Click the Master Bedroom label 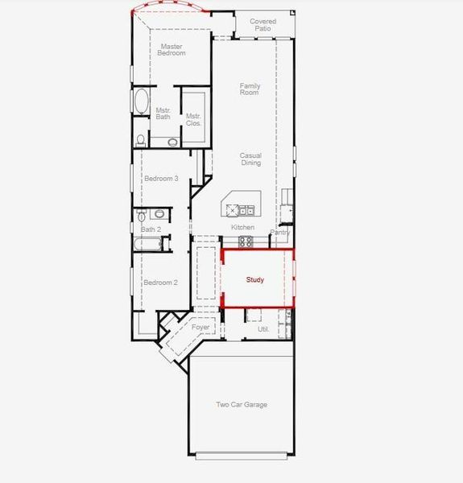[172, 50]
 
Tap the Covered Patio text [263, 25]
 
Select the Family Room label [250, 89]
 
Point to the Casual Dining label [251, 159]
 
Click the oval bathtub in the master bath [141, 103]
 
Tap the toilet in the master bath [141, 139]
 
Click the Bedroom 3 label [161, 178]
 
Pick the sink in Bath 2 [159, 214]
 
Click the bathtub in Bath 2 [152, 242]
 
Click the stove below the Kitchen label [245, 241]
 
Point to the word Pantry [280, 232]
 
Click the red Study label [255, 280]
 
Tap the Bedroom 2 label [161, 283]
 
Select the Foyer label [200, 328]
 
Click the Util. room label [263, 329]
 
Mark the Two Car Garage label [242, 405]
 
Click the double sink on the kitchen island [246, 211]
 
